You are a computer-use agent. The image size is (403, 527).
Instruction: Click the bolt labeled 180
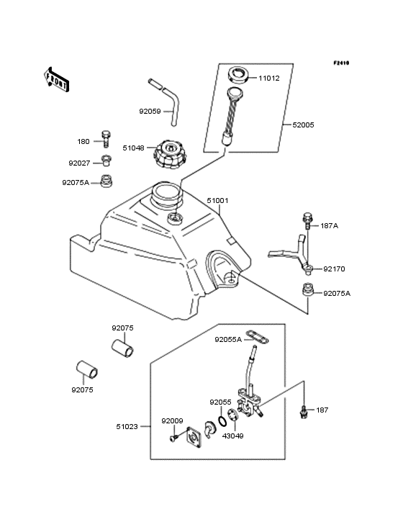click(107, 137)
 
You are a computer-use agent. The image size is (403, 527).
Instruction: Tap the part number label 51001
click(218, 201)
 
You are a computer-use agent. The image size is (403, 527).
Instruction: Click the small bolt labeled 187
click(304, 410)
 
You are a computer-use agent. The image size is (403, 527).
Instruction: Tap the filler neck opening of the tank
click(166, 193)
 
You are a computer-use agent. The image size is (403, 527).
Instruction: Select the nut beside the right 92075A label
click(306, 289)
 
